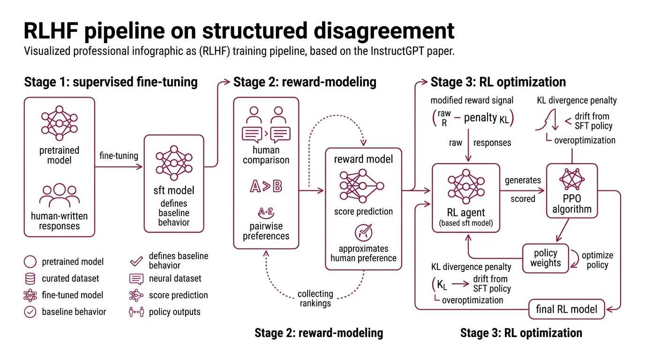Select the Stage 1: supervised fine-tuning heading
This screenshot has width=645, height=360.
(x=111, y=82)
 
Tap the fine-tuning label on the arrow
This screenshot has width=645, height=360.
(x=119, y=156)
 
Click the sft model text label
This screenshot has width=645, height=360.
(x=173, y=191)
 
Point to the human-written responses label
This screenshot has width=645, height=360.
(x=59, y=221)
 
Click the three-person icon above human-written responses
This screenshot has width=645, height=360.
(x=59, y=195)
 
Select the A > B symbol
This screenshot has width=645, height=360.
(x=266, y=187)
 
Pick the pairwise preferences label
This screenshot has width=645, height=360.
(x=266, y=231)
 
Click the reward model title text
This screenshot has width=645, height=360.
(x=363, y=159)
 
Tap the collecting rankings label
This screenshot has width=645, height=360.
(x=315, y=299)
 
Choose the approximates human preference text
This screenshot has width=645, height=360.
(x=363, y=253)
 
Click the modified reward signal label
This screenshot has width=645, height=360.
(x=472, y=100)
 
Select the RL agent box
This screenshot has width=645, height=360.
(x=466, y=198)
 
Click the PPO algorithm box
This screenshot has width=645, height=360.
(x=571, y=191)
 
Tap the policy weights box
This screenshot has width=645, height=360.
(x=545, y=258)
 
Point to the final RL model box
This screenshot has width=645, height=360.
(x=566, y=309)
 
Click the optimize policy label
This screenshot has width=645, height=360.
(x=597, y=260)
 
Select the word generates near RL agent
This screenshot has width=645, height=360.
(x=523, y=180)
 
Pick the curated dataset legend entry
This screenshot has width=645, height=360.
(x=70, y=278)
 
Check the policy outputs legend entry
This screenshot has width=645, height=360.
(x=174, y=312)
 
